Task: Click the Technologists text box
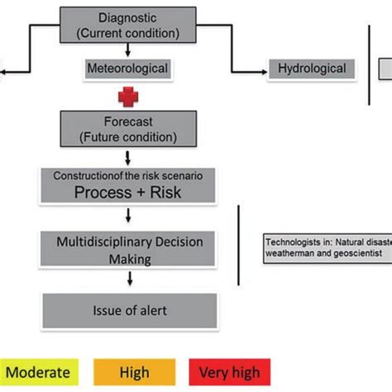pos(327,247)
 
